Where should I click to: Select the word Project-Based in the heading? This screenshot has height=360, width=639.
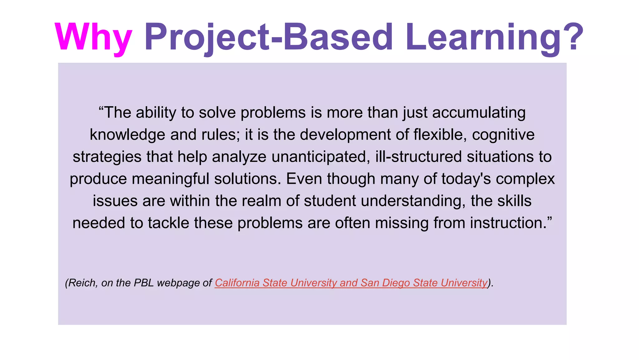pos(268,37)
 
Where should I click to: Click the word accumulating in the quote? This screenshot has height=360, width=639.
pos(479,112)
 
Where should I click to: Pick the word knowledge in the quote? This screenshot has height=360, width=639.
pos(128,135)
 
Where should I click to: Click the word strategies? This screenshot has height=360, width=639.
pos(107,157)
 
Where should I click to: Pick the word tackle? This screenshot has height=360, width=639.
pos(168,223)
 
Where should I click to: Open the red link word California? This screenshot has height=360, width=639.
pos(237,283)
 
